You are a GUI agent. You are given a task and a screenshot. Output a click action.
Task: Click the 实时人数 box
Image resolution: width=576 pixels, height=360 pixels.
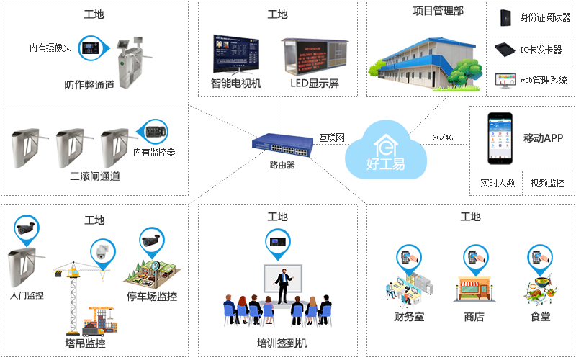[498, 183]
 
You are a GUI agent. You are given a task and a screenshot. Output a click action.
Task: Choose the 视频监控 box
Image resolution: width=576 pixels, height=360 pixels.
[547, 183]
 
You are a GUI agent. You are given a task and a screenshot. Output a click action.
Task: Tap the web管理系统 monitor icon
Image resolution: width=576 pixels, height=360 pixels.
[505, 80]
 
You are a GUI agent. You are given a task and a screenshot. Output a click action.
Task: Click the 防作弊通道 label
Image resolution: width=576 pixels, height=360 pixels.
[89, 85]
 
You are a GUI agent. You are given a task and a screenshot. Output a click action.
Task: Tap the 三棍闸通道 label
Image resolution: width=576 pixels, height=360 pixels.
[95, 176]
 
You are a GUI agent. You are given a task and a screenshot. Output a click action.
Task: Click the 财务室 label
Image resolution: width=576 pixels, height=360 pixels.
[408, 316]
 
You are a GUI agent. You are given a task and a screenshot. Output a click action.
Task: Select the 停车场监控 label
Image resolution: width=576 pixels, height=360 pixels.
[152, 296]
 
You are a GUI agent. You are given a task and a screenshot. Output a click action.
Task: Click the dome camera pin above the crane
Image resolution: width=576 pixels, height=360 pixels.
[102, 251]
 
